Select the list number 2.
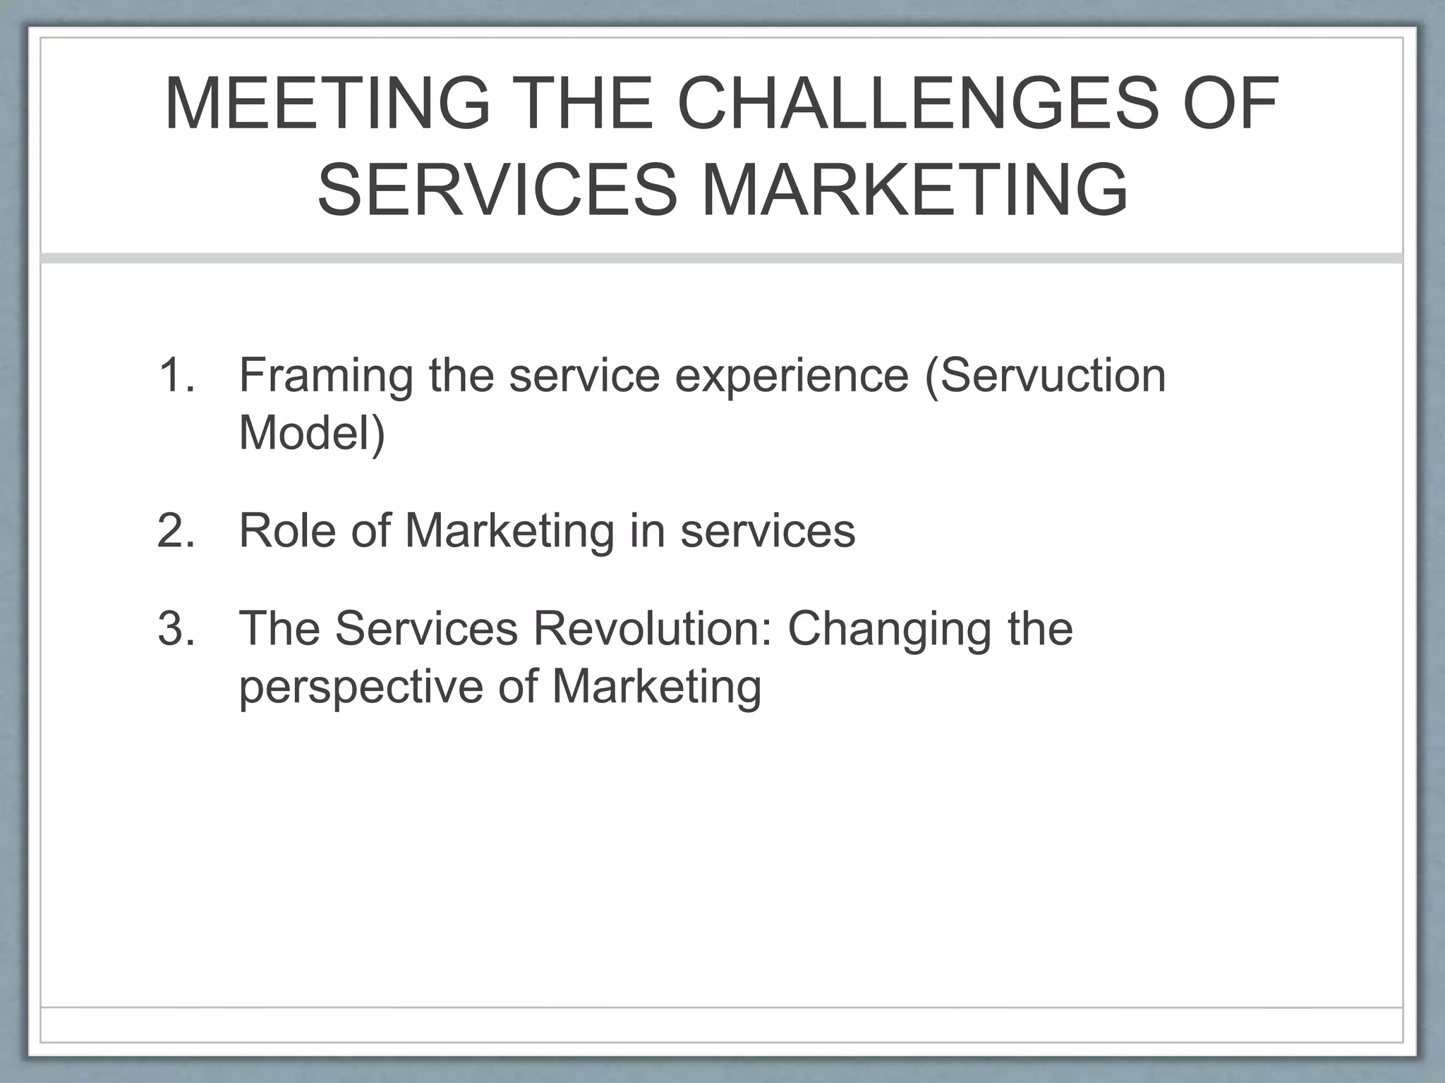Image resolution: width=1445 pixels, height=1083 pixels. pos(176,530)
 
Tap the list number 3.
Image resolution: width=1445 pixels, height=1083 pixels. pos(176,628)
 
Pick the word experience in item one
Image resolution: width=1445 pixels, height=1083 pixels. pos(792,376)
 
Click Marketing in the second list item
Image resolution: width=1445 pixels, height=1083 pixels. pos(509,530)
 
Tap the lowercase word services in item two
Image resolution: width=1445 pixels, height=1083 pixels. pos(768,530)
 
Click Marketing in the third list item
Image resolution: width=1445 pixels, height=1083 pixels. pos(656,687)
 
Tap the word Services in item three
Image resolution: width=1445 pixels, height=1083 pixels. pos(426,628)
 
